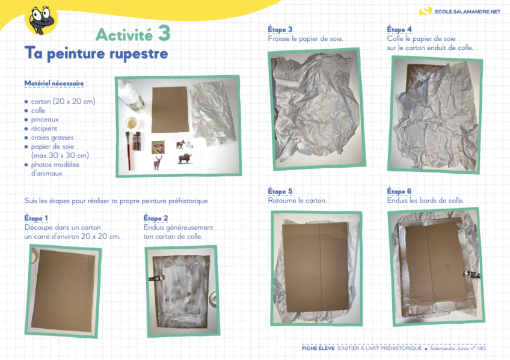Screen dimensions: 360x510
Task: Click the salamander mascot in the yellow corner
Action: (x=41, y=19)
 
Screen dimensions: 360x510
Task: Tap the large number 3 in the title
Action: (x=164, y=33)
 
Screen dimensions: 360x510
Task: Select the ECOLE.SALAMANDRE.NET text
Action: (x=467, y=11)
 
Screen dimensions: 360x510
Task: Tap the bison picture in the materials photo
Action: (x=185, y=159)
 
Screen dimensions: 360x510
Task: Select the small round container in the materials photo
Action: (x=131, y=123)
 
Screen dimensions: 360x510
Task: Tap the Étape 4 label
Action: (x=399, y=29)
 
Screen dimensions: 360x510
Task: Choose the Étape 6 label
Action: (x=399, y=192)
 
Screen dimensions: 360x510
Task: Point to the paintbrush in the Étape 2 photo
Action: (x=156, y=278)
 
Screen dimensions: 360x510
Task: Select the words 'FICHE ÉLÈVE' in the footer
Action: (x=318, y=349)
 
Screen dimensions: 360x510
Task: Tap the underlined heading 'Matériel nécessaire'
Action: (x=54, y=83)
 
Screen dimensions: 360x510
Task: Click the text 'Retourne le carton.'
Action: (x=297, y=201)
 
